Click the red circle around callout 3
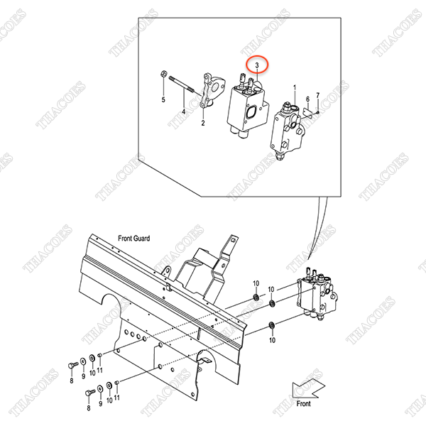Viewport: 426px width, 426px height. click(x=246, y=64)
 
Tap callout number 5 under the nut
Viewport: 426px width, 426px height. click(x=163, y=99)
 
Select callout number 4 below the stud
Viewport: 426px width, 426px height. click(x=184, y=111)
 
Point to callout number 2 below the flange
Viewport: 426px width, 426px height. click(x=203, y=123)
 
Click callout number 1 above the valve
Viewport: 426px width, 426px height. click(x=295, y=88)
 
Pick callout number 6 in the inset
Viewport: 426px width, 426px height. click(x=307, y=99)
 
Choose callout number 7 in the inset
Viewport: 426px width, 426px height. click(x=318, y=95)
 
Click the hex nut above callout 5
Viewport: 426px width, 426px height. click(x=163, y=73)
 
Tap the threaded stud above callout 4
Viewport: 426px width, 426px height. click(x=182, y=84)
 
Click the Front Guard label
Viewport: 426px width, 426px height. click(x=134, y=239)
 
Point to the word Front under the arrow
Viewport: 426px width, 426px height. click(x=303, y=404)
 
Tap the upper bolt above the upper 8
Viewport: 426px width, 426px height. click(x=72, y=366)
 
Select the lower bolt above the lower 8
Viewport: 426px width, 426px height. click(x=90, y=393)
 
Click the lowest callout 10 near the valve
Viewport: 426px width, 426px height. click(x=272, y=340)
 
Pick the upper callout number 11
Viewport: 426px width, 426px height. click(x=99, y=370)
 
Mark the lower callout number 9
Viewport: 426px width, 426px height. click(x=101, y=404)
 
